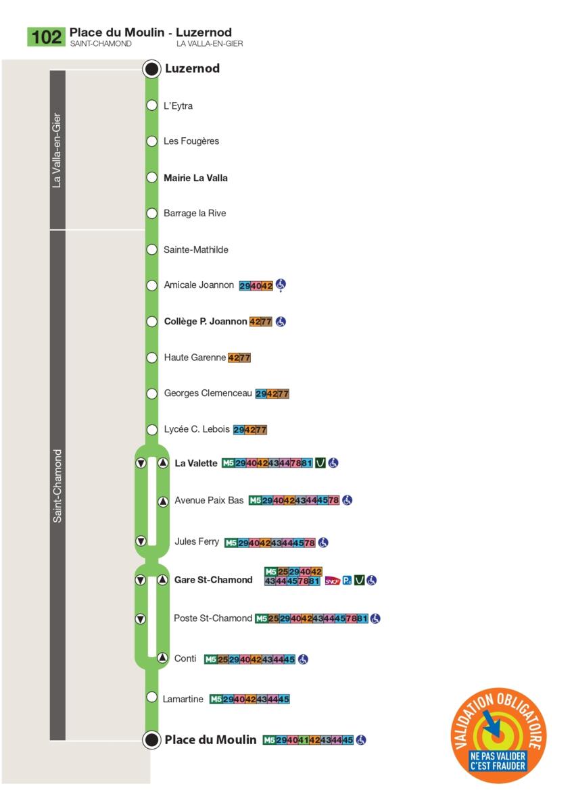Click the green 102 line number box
point(46,37)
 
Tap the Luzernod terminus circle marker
point(151,69)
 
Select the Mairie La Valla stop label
point(195,178)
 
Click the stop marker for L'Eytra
point(151,105)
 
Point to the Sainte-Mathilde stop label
point(196,250)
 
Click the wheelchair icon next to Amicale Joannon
point(281,285)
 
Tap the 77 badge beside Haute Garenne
point(245,358)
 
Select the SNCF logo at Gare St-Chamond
point(333,581)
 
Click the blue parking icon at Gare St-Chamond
point(347,581)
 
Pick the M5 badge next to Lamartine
point(216,699)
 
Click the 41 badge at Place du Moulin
point(303,740)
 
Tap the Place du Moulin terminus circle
point(151,739)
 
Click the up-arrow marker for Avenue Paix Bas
point(164,501)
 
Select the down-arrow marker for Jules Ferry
point(141,541)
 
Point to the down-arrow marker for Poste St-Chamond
point(141,619)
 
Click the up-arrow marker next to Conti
point(163,657)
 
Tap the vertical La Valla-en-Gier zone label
point(57,150)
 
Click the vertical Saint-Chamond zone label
point(57,486)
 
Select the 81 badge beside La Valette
point(307,463)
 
